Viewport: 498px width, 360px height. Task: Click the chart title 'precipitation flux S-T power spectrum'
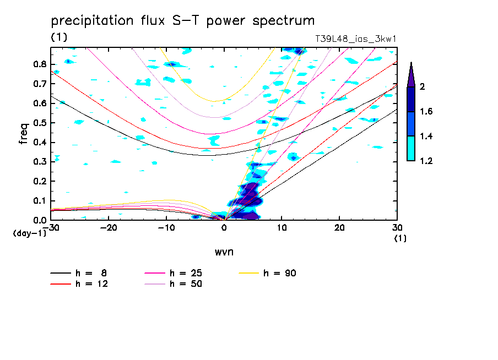182,21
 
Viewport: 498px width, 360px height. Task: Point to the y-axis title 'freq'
23,133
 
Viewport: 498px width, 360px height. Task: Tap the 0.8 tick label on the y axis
39,64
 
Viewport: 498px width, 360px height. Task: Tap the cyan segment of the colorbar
411,148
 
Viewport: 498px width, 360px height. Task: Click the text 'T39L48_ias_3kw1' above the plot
356,39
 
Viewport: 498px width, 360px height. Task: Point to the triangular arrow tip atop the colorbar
411,75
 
